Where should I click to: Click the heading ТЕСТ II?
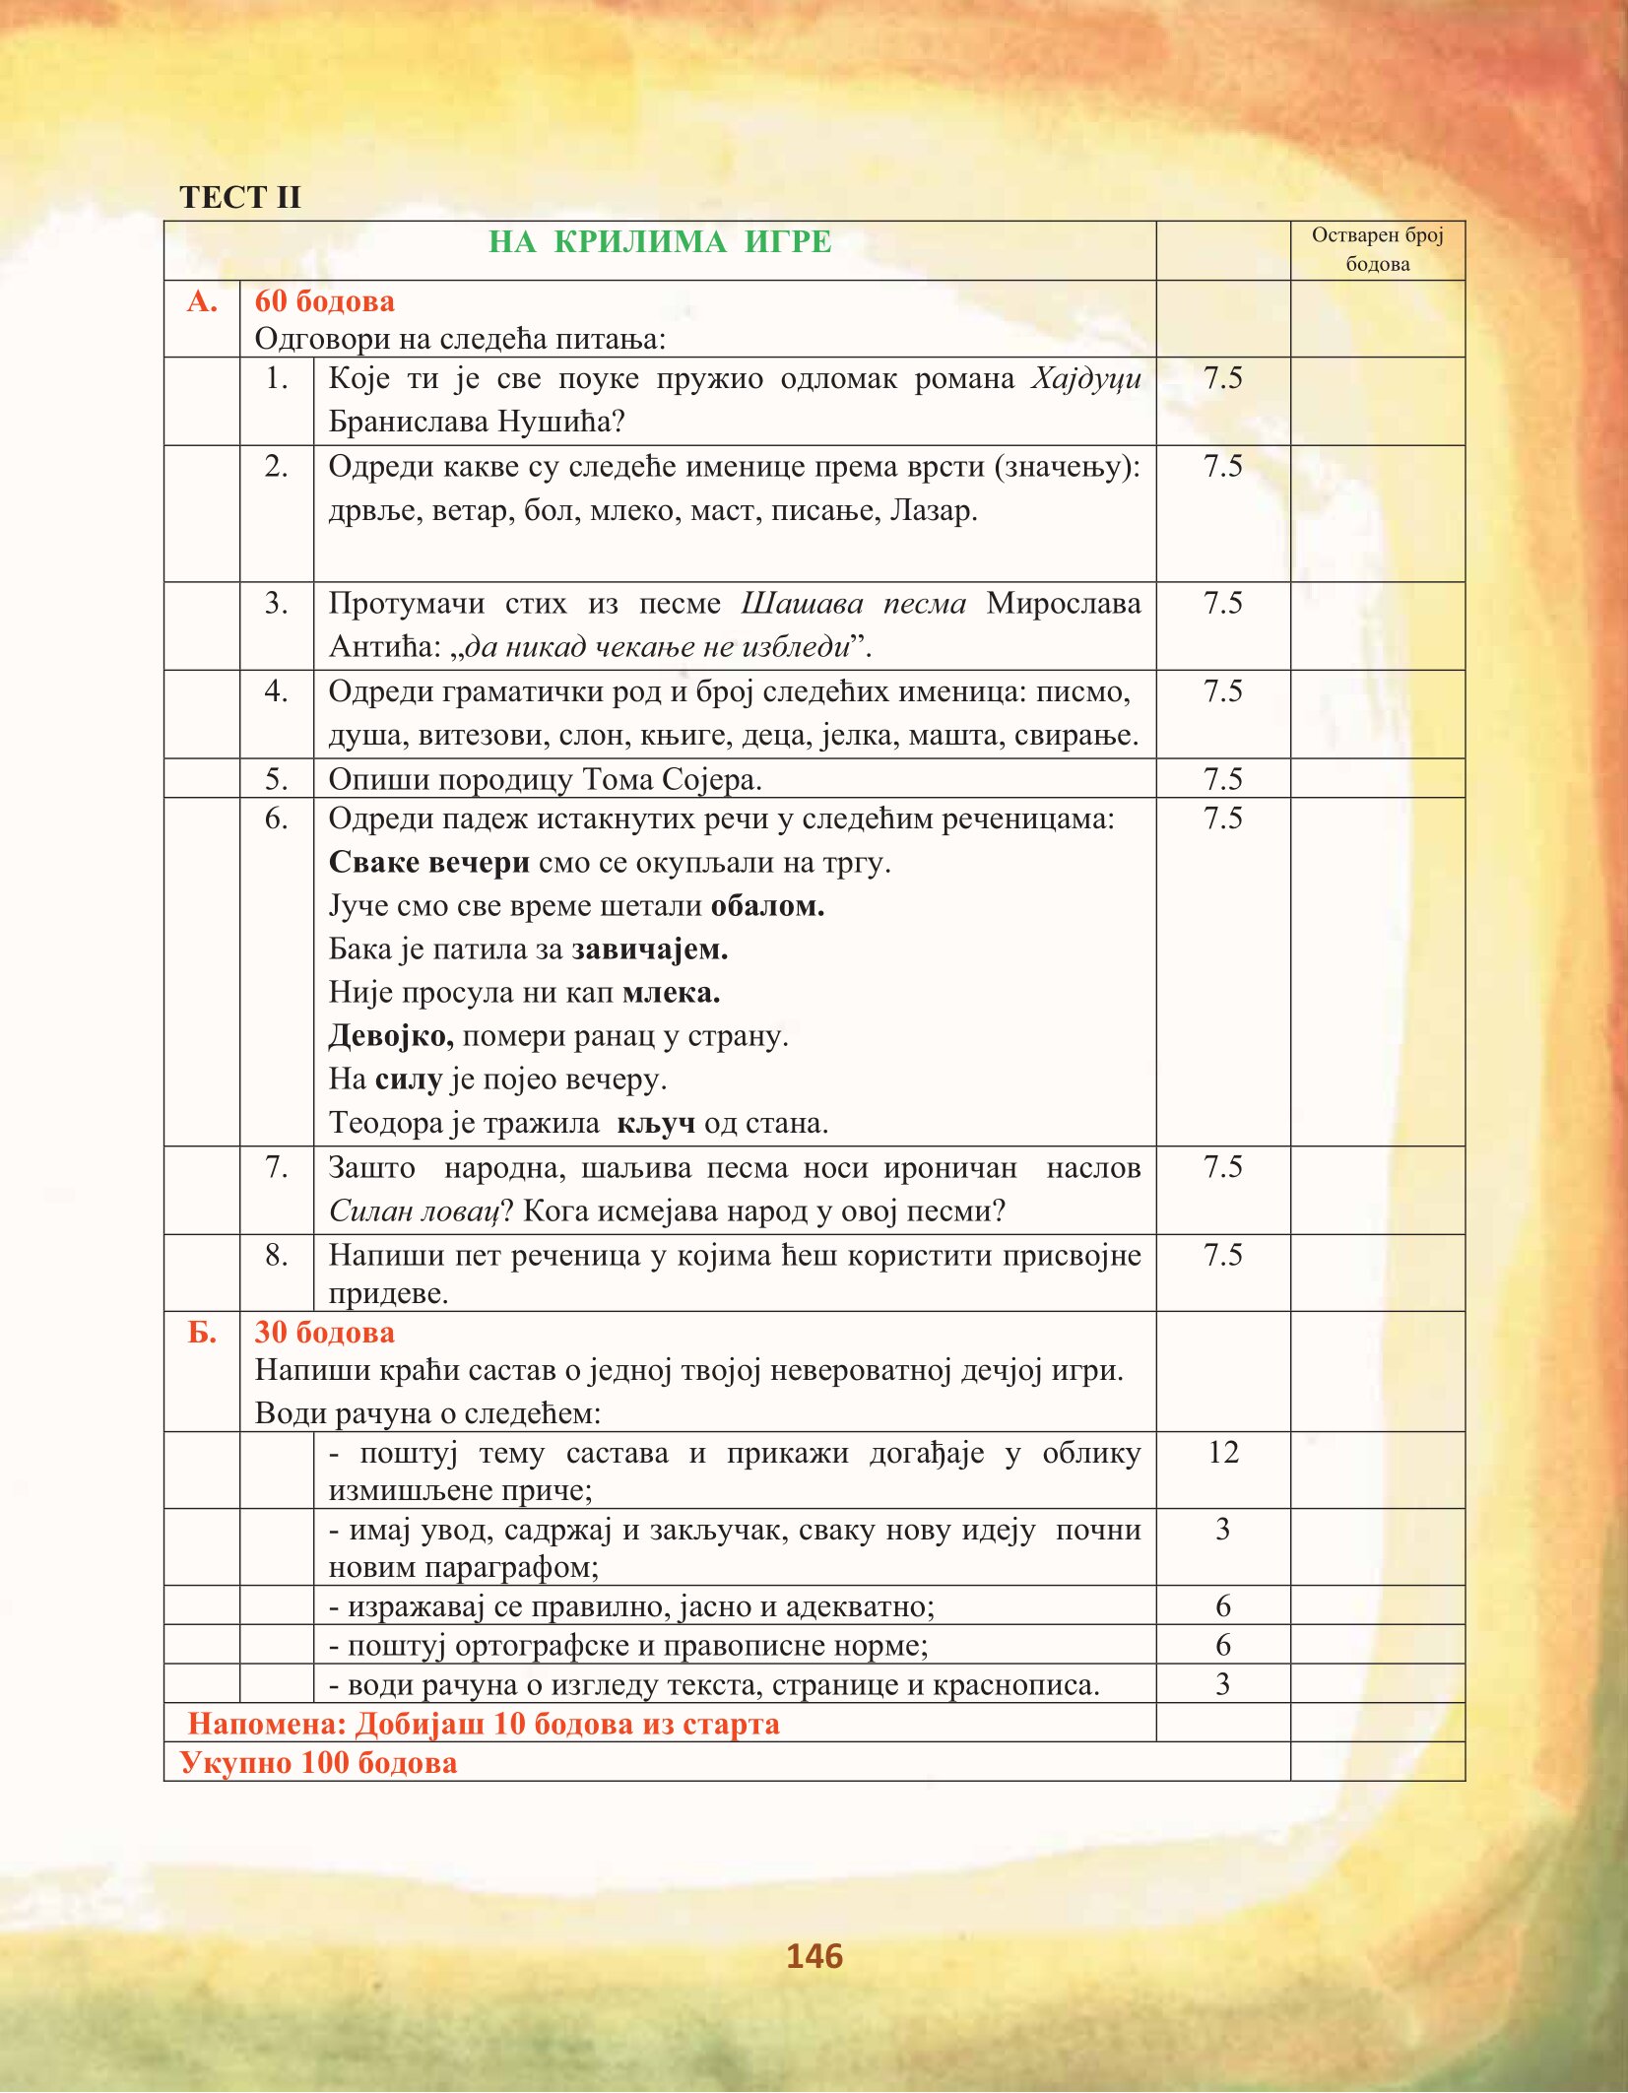point(239,197)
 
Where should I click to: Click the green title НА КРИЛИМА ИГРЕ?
point(660,242)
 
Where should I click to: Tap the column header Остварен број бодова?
point(1377,249)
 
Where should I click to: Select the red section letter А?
point(202,301)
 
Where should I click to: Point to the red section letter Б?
point(202,1333)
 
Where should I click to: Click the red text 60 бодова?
point(324,301)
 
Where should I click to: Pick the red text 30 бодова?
point(324,1333)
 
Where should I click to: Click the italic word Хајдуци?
point(1085,379)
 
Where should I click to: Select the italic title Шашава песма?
point(853,603)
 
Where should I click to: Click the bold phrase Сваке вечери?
point(428,863)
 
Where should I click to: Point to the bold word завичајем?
point(650,949)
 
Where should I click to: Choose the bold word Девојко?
point(391,1036)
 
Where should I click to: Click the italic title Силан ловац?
point(415,1210)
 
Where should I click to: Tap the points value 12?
point(1222,1453)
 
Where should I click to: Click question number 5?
point(277,780)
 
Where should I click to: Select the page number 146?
point(814,1956)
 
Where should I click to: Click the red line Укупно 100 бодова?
point(318,1762)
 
